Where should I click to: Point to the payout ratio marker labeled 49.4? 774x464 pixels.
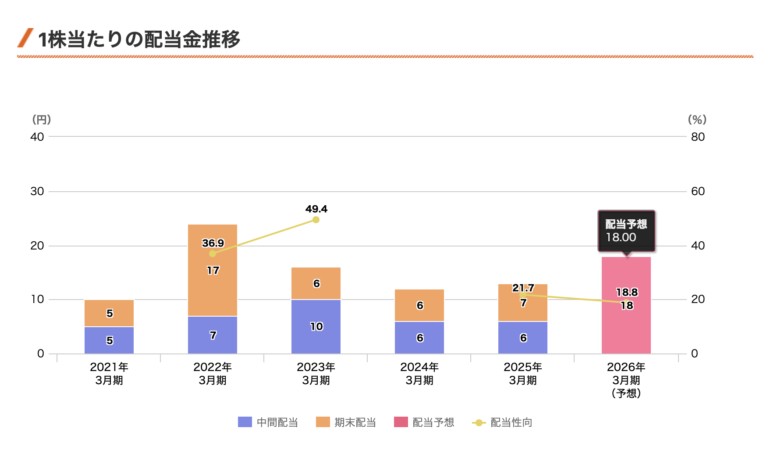(316, 220)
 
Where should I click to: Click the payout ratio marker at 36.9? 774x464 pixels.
(213, 253)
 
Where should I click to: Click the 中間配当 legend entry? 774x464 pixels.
(268, 422)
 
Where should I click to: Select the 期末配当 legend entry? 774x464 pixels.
(346, 422)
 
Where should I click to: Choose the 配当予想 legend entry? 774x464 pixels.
(424, 422)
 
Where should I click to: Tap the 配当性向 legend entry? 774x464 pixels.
(502, 422)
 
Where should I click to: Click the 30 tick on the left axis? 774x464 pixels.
(37, 191)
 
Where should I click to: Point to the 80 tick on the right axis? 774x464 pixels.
(698, 137)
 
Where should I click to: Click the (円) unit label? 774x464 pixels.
(42, 119)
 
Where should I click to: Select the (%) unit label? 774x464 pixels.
(697, 119)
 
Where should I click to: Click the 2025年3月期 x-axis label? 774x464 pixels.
(522, 373)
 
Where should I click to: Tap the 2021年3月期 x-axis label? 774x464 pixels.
(109, 373)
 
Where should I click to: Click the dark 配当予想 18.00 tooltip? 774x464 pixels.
(626, 231)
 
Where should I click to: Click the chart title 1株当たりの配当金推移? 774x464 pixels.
(139, 39)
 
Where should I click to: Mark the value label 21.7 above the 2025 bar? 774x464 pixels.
(523, 288)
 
